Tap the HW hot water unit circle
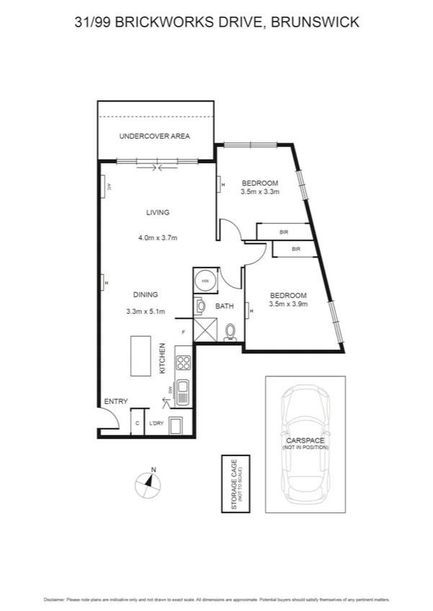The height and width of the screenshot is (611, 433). pyautogui.click(x=205, y=281)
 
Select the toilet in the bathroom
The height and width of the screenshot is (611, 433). pyautogui.click(x=231, y=331)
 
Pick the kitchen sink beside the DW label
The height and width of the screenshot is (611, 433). pyautogui.click(x=183, y=392)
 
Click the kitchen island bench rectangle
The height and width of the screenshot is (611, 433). pyautogui.click(x=140, y=355)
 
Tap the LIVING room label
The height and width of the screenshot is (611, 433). pyautogui.click(x=158, y=212)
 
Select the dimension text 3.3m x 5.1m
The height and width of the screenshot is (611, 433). pyautogui.click(x=146, y=312)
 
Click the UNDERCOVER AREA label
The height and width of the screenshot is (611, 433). pyautogui.click(x=155, y=136)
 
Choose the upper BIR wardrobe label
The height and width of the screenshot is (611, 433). pyautogui.click(x=283, y=232)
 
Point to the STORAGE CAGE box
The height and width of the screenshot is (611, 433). pyautogui.click(x=235, y=483)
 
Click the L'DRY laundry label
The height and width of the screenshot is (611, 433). pyautogui.click(x=156, y=423)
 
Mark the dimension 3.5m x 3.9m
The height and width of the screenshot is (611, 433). pyautogui.click(x=288, y=304)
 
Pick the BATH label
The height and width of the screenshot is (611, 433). pyautogui.click(x=225, y=307)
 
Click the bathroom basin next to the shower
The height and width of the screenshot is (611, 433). pyautogui.click(x=199, y=307)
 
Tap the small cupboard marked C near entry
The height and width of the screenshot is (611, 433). pyautogui.click(x=137, y=423)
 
